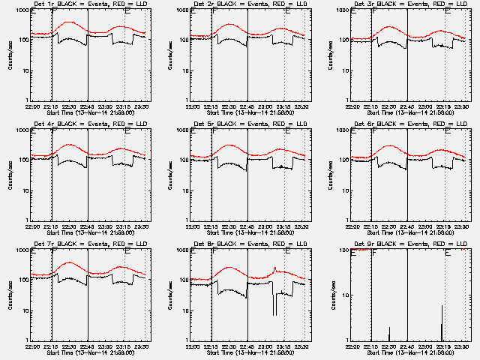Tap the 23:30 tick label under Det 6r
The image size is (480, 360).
[463, 226]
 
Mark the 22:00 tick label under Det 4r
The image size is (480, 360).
[32, 226]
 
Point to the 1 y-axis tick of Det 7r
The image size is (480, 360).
[26, 340]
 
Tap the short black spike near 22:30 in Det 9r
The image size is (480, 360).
[388, 334]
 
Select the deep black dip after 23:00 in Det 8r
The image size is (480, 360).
[274, 304]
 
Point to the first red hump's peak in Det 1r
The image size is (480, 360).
[69, 22]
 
